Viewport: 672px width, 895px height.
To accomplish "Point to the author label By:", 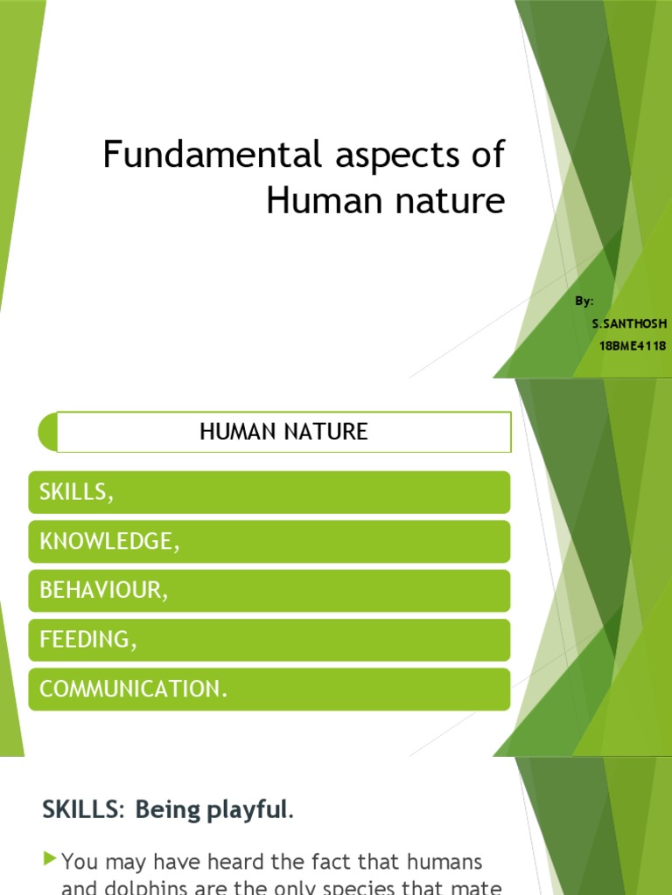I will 584,302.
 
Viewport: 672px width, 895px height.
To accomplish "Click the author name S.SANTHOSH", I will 629,324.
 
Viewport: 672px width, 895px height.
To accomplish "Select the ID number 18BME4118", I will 633,346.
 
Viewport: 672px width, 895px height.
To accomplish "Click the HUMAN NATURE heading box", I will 283,432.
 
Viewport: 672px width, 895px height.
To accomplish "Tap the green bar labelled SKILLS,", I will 269,492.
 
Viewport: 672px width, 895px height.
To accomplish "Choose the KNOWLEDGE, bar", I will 269,542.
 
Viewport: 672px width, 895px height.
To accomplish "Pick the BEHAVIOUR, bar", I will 269,591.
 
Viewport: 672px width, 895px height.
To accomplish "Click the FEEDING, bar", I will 269,640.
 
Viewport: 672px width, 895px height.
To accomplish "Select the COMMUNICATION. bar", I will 269,690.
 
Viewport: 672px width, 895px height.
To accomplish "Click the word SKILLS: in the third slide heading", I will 83,810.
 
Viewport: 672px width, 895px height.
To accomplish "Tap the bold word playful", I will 252,810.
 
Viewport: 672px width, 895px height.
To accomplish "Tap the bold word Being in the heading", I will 170,810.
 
